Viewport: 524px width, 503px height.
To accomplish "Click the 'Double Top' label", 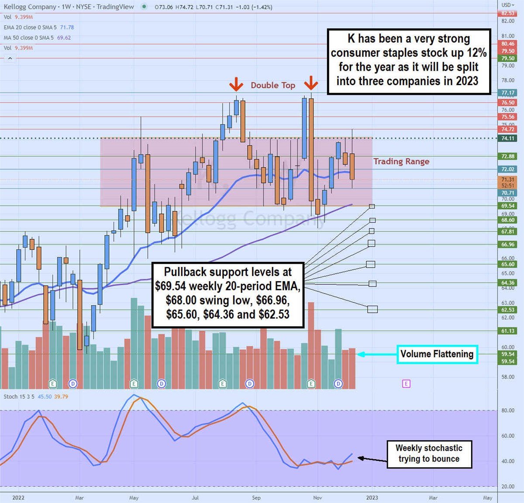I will (273, 85).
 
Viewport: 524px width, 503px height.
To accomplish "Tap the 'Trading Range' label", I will (401, 162).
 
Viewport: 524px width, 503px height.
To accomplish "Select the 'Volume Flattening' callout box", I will (437, 354).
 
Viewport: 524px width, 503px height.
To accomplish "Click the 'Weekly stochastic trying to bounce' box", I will (429, 454).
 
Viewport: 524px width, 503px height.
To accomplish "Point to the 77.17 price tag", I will (508, 93).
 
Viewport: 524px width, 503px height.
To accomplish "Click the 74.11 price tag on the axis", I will (508, 138).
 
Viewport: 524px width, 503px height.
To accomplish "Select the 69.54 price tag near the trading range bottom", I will (508, 206).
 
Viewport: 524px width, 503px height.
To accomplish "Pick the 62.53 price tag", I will (508, 310).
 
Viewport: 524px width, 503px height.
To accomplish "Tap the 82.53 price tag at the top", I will (508, 13).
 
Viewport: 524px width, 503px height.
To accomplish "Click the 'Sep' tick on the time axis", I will (256, 497).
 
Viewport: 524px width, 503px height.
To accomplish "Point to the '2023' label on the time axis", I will (372, 497).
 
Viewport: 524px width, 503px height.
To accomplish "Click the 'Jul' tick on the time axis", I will (195, 497).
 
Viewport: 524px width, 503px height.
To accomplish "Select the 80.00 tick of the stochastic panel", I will (507, 410).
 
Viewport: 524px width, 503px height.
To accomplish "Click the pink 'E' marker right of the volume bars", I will (406, 384).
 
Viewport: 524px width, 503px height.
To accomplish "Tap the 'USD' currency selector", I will (508, 5).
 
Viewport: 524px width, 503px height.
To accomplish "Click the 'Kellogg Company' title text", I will (30, 7).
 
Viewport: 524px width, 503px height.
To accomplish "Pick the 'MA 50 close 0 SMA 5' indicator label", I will (29, 38).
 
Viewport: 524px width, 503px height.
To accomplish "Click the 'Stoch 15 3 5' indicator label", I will (19, 396).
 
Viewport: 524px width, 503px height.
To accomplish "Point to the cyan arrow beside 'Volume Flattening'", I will (376, 354).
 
